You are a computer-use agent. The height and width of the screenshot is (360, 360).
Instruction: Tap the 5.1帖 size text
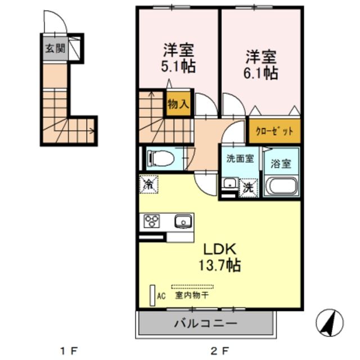pos(179,66)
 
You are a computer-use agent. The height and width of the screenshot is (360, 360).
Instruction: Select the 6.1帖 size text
pos(261,73)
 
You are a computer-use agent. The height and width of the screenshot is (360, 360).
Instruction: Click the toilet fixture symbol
pos(160,159)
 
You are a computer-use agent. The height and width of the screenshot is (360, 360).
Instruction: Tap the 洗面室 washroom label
pos(240,159)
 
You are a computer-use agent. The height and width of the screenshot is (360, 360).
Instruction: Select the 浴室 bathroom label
pos(281,165)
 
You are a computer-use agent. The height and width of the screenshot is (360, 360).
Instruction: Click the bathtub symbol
pos(281,186)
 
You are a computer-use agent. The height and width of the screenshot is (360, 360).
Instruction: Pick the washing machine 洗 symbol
pos(248,188)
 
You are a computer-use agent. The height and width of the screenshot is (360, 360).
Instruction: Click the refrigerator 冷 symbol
pos(149,184)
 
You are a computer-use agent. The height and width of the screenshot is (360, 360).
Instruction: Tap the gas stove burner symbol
pos(153,222)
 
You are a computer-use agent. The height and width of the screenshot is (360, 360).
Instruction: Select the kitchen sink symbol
pos(183,222)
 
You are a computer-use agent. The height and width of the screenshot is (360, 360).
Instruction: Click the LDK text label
pos(219,249)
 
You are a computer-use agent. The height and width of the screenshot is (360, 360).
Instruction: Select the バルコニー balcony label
pos(205,324)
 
